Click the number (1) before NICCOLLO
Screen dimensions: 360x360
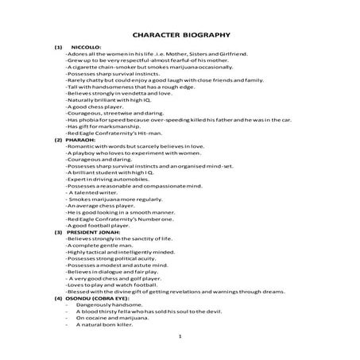pyautogui.click(x=58, y=48)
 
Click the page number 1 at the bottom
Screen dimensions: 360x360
pyautogui.click(x=182, y=338)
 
